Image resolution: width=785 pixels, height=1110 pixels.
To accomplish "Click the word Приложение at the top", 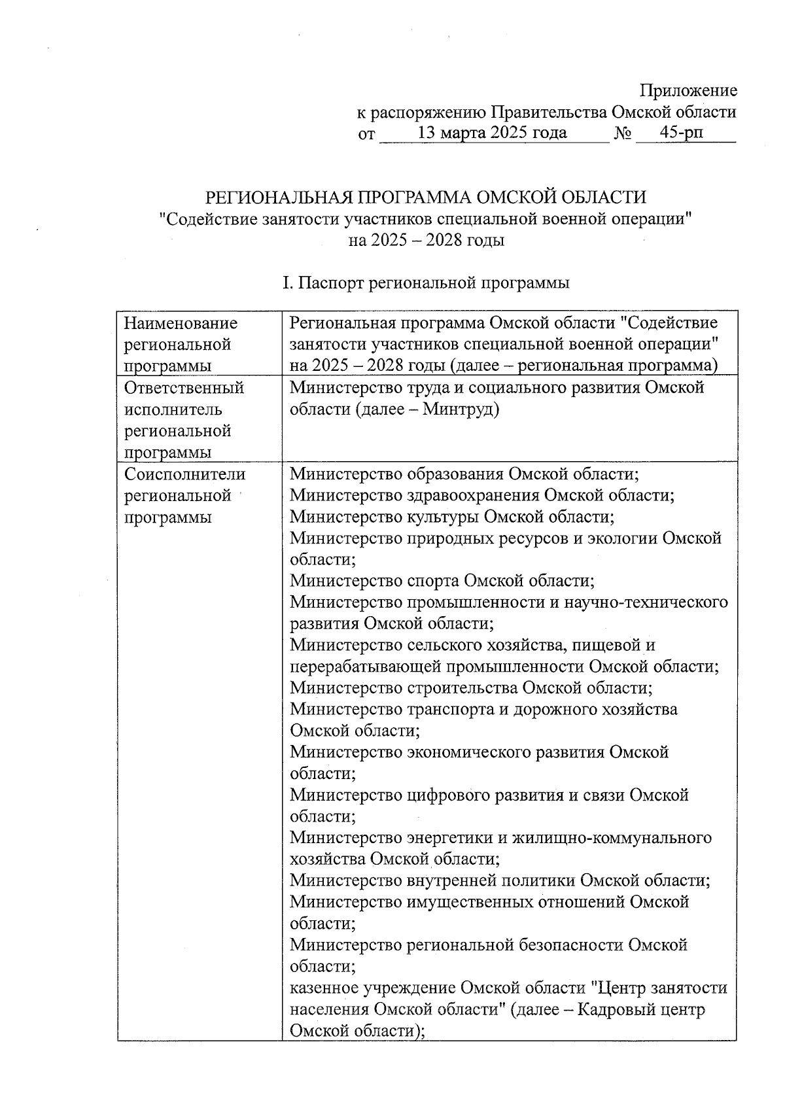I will point(688,91).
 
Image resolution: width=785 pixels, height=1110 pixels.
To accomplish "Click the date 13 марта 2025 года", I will point(492,133).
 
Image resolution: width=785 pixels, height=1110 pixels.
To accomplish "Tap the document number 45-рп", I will point(682,133).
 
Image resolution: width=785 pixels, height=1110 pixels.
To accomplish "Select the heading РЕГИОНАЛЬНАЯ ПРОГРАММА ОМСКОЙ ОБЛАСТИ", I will point(426,197).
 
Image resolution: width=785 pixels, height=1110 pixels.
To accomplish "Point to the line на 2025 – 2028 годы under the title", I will point(426,240).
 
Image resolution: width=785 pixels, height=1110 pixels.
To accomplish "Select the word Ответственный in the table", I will point(184,388).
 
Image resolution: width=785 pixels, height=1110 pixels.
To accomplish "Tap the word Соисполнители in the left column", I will point(185,474).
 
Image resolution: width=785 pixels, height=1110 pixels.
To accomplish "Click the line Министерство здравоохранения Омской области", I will point(482,495).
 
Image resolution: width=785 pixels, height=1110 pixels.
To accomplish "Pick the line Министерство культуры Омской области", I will point(452,517).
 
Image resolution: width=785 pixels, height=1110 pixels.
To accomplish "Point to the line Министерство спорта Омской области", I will point(442,581).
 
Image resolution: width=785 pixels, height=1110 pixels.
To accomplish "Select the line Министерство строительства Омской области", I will point(471,688).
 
